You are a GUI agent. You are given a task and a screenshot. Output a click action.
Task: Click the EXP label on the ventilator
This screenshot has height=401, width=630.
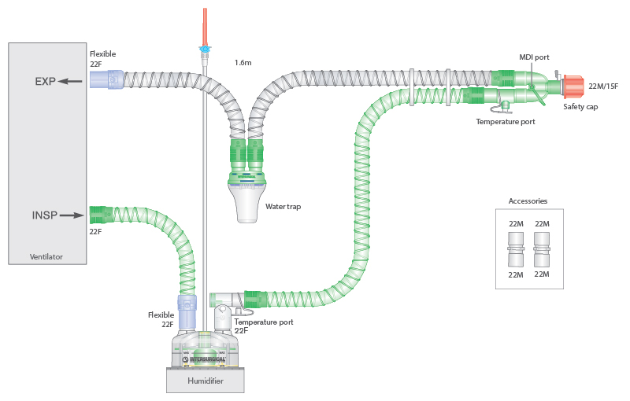click(45, 81)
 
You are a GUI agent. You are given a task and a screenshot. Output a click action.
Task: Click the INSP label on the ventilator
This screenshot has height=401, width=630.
click(44, 215)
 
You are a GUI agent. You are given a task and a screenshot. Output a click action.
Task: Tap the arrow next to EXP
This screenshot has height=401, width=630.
click(72, 81)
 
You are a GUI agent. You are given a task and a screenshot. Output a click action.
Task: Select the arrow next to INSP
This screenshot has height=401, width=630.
click(72, 215)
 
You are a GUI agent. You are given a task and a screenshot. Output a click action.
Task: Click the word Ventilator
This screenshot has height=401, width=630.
click(46, 257)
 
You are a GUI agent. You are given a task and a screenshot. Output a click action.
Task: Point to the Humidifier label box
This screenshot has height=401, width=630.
click(205, 381)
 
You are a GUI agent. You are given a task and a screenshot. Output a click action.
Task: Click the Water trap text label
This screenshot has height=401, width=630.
click(283, 207)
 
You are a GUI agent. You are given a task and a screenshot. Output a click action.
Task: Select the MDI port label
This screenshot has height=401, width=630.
click(535, 57)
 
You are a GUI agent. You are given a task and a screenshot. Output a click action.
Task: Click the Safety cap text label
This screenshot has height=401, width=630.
click(580, 106)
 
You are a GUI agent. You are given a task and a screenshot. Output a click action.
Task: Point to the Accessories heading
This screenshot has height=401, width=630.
click(528, 201)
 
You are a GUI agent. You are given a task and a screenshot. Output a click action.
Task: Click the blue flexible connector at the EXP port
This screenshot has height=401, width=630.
click(107, 79)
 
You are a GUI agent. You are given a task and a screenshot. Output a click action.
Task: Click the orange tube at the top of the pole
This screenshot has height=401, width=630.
click(205, 27)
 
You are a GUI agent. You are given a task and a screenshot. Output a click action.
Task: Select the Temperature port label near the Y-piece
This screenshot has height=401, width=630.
click(506, 122)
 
